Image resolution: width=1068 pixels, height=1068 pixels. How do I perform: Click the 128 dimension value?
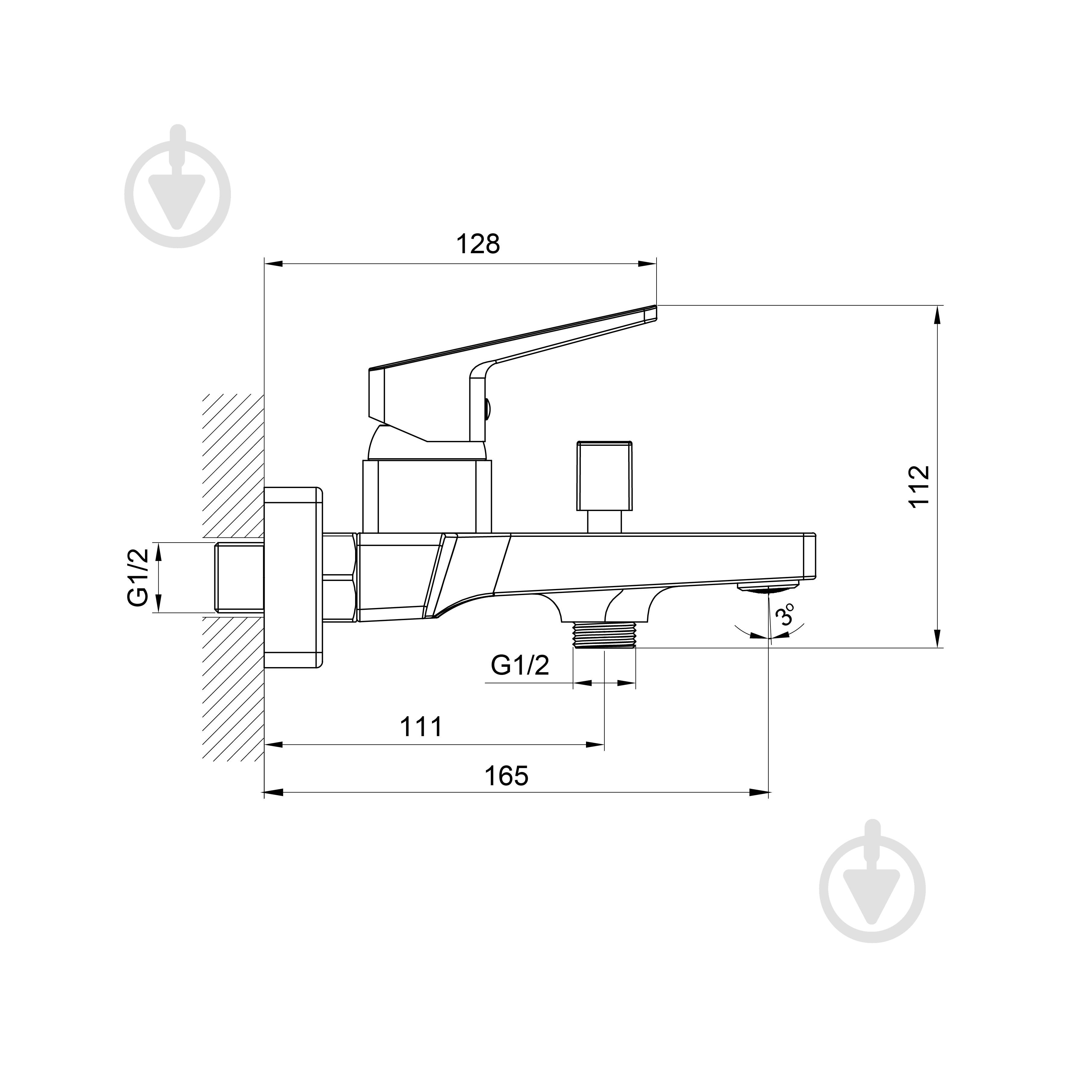tap(477, 244)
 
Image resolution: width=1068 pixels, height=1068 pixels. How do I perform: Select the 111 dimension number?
tap(421, 727)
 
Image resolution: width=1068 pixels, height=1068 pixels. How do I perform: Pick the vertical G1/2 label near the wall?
tap(138, 577)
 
